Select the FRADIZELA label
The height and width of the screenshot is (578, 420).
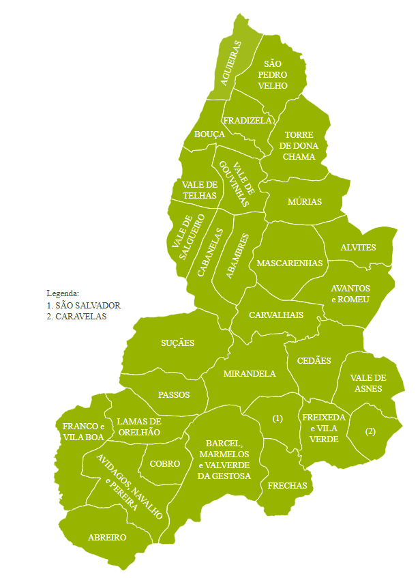click(247, 120)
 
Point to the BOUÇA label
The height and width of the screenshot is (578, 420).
click(209, 134)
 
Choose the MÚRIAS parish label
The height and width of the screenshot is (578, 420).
click(304, 201)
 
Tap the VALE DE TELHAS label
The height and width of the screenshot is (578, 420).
click(199, 190)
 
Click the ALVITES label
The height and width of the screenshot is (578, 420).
click(358, 247)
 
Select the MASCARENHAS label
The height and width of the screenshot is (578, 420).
click(289, 263)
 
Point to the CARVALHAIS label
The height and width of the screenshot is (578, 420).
click(275, 315)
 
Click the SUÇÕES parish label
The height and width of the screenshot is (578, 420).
click(177, 343)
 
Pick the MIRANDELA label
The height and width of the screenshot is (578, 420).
click(250, 373)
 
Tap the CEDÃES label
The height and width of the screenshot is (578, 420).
click(314, 360)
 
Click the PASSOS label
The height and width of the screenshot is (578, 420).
click(173, 394)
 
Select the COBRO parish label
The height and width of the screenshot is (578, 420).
click(164, 464)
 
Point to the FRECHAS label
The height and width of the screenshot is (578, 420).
click(287, 486)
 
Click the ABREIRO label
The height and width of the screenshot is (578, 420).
click(107, 537)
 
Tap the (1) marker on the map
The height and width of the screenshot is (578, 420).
click(277, 418)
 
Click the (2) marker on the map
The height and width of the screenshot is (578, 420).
click(370, 431)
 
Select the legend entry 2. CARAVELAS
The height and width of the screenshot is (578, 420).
click(76, 316)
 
